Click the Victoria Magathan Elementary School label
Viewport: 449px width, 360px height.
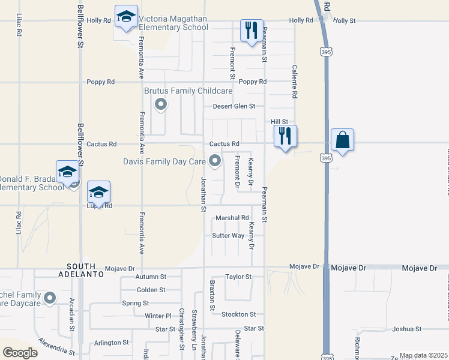pos(173,23)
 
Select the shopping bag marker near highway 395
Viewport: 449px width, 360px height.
pos(342,140)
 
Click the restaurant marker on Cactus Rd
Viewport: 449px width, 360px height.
pos(285,136)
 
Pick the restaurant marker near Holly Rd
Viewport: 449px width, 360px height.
pos(252,30)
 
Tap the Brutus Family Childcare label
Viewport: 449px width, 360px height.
pos(188,91)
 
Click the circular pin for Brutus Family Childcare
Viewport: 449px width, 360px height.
pos(161,106)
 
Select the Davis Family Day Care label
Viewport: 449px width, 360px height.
pos(164,161)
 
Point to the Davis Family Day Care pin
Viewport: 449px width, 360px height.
pos(214,161)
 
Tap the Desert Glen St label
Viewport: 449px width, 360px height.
pos(234,106)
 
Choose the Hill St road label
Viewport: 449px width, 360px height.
pos(280,121)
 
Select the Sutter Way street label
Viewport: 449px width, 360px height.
pos(228,236)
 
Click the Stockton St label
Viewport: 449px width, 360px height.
pos(238,314)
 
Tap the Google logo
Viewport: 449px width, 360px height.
pos(20,353)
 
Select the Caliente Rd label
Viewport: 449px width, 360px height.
pos(295,82)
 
